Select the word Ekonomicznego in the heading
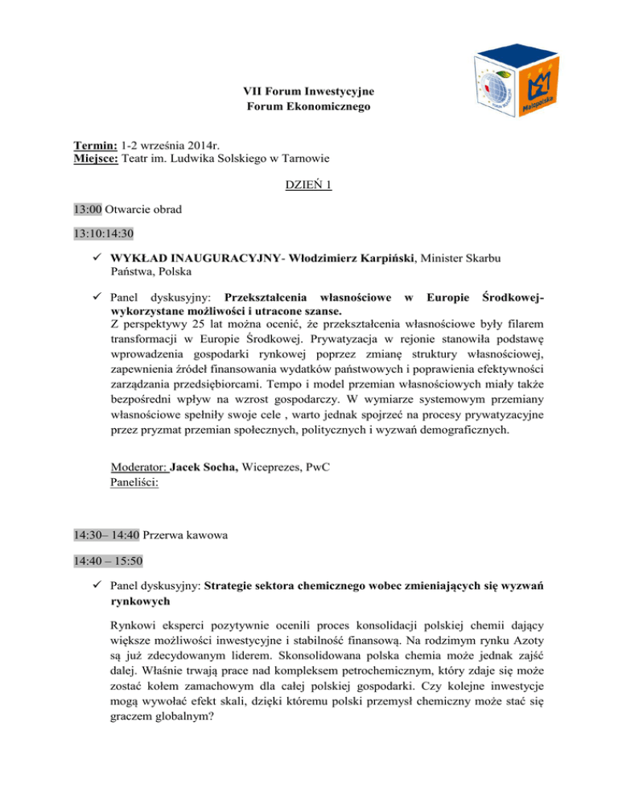pyautogui.click(x=324, y=105)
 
